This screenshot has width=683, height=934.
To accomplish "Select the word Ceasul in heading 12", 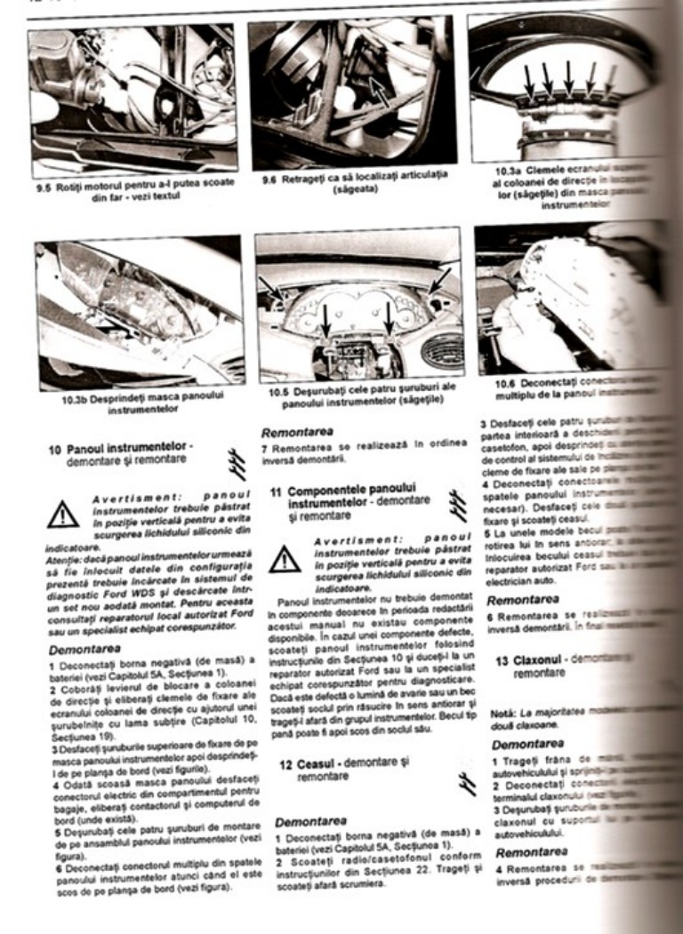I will [x=319, y=762].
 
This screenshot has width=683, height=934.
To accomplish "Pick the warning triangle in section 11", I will [x=285, y=558].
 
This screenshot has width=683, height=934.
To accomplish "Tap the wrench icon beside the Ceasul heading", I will [x=460, y=780].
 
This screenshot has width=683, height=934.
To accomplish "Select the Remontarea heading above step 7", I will [x=297, y=432].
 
